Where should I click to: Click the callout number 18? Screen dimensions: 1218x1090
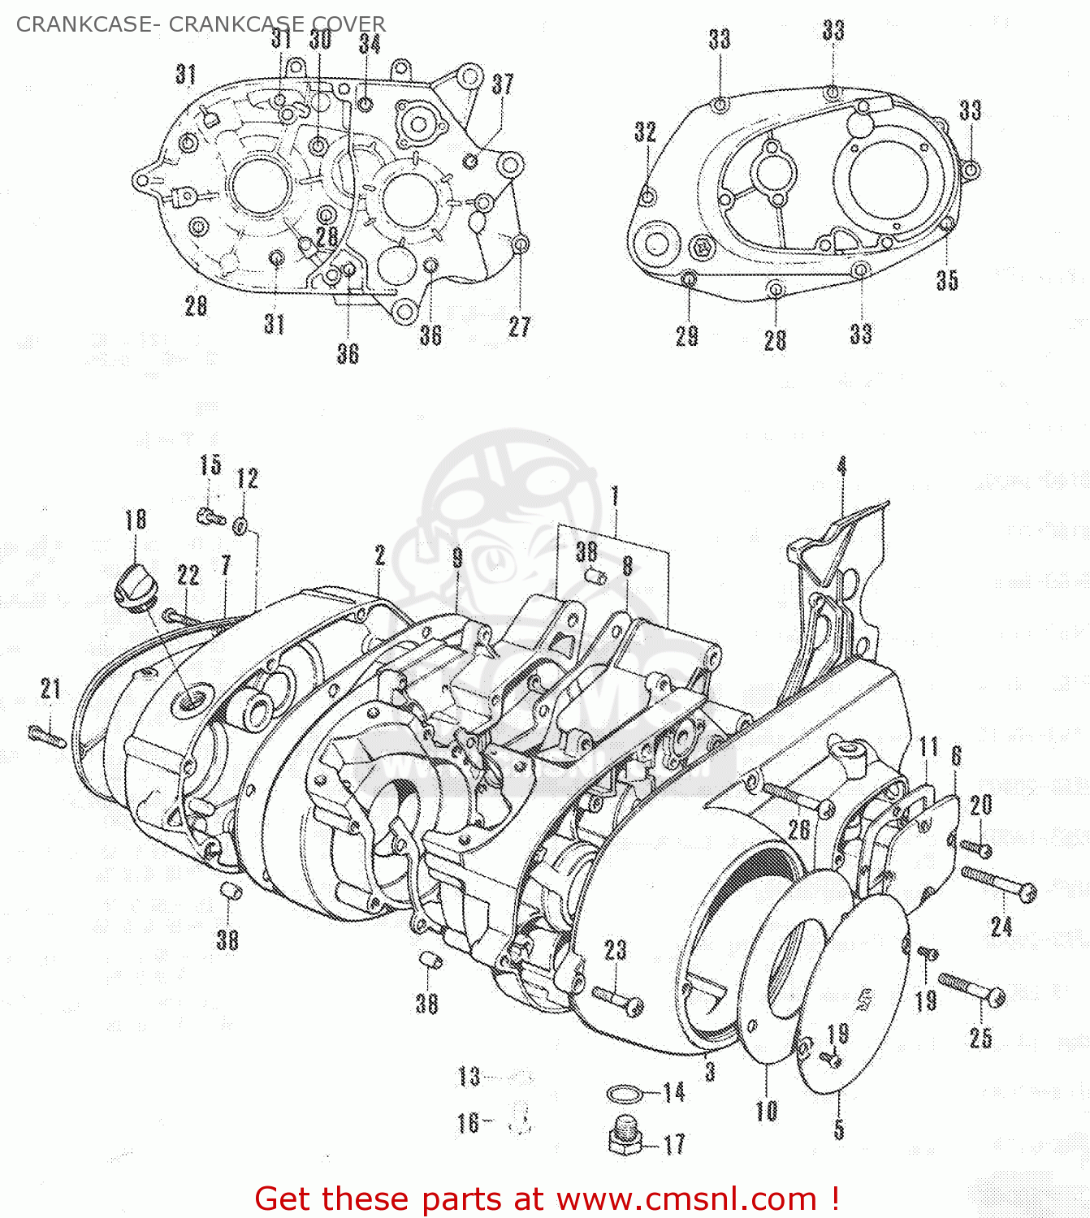click(136, 519)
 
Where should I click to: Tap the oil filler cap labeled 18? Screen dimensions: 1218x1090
click(131, 582)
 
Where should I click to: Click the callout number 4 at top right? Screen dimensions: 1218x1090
click(841, 466)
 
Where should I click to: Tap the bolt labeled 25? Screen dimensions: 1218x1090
click(973, 988)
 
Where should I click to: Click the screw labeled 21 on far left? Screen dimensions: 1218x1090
click(47, 736)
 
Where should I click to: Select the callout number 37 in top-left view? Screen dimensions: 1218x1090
click(503, 84)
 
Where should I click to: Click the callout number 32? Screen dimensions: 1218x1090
click(645, 132)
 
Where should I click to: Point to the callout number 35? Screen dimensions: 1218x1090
click(947, 279)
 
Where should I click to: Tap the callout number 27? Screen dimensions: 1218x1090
click(519, 326)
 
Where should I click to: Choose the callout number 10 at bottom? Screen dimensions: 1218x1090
click(766, 1110)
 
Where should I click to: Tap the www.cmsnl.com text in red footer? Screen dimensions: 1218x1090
click(687, 1199)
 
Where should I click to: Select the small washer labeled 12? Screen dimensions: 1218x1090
click(240, 526)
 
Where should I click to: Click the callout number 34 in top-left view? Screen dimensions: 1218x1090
click(370, 42)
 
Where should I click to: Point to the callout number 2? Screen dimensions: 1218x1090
click(379, 555)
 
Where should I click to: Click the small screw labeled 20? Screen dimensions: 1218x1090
click(976, 848)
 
